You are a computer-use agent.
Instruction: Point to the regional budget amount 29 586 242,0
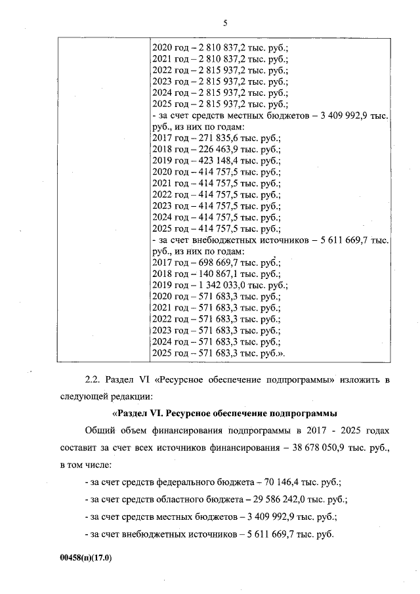coord(276,499)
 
